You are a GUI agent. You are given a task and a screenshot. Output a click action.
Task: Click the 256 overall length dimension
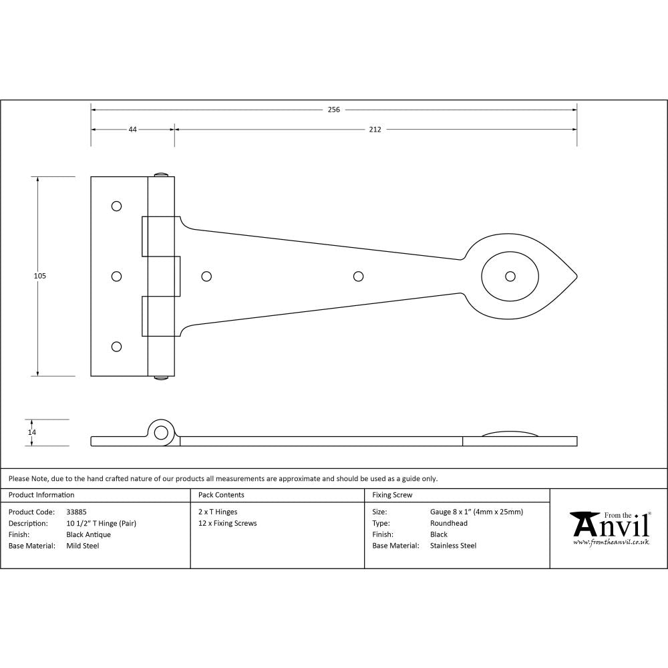pyautogui.click(x=334, y=110)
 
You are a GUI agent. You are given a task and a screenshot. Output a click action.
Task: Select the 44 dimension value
pyautogui.click(x=132, y=130)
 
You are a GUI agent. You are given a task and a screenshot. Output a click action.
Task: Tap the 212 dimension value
pyautogui.click(x=375, y=130)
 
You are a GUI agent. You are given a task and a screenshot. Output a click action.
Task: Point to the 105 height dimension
pyautogui.click(x=40, y=275)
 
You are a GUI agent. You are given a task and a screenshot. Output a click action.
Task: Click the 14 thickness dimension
pyautogui.click(x=31, y=432)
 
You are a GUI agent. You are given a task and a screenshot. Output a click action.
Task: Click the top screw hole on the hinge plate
pyautogui.click(x=116, y=206)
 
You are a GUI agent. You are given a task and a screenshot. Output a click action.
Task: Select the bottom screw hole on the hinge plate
pyautogui.click(x=116, y=346)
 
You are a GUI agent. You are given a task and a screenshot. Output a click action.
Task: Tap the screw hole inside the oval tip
pyautogui.click(x=510, y=276)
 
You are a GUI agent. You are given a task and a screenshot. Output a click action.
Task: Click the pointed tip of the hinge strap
pyautogui.click(x=576, y=276)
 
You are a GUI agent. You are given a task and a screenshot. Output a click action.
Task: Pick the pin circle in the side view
pyautogui.click(x=160, y=432)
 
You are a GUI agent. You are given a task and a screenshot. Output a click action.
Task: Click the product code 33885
pyautogui.click(x=76, y=512)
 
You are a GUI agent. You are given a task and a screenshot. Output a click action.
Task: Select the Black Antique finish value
pyautogui.click(x=88, y=534)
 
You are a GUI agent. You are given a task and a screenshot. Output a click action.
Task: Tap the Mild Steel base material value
pyautogui.click(x=82, y=546)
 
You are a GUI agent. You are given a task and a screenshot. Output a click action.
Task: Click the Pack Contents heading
pyautogui.click(x=221, y=495)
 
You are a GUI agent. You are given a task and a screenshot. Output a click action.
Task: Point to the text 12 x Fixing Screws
pyautogui.click(x=227, y=523)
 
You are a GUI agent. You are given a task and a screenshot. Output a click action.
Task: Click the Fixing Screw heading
pyautogui.click(x=392, y=495)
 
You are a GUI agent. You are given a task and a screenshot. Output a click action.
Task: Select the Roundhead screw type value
pyautogui.click(x=448, y=523)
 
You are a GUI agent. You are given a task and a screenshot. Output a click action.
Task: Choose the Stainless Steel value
pyautogui.click(x=453, y=546)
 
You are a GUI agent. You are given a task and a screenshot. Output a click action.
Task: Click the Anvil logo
pyautogui.click(x=609, y=528)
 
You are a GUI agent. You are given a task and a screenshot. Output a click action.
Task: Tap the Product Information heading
pyautogui.click(x=41, y=495)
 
